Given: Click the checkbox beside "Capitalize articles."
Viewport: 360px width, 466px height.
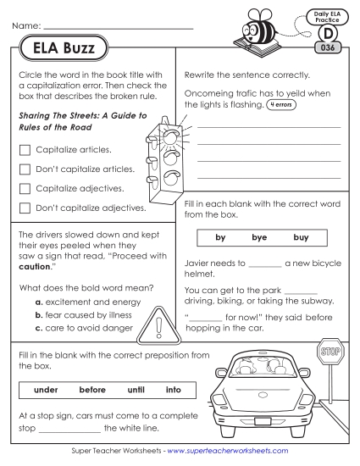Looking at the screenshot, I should tap(25, 149).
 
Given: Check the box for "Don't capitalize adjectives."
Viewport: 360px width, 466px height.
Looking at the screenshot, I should tap(25, 207).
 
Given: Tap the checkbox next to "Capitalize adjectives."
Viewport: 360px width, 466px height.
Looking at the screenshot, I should tap(25, 187).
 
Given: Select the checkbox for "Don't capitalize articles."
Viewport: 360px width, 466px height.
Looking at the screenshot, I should tap(25, 169).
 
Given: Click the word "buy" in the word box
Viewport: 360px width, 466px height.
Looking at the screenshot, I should tap(301, 237).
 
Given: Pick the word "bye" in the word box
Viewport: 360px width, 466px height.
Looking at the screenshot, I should tap(259, 237).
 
